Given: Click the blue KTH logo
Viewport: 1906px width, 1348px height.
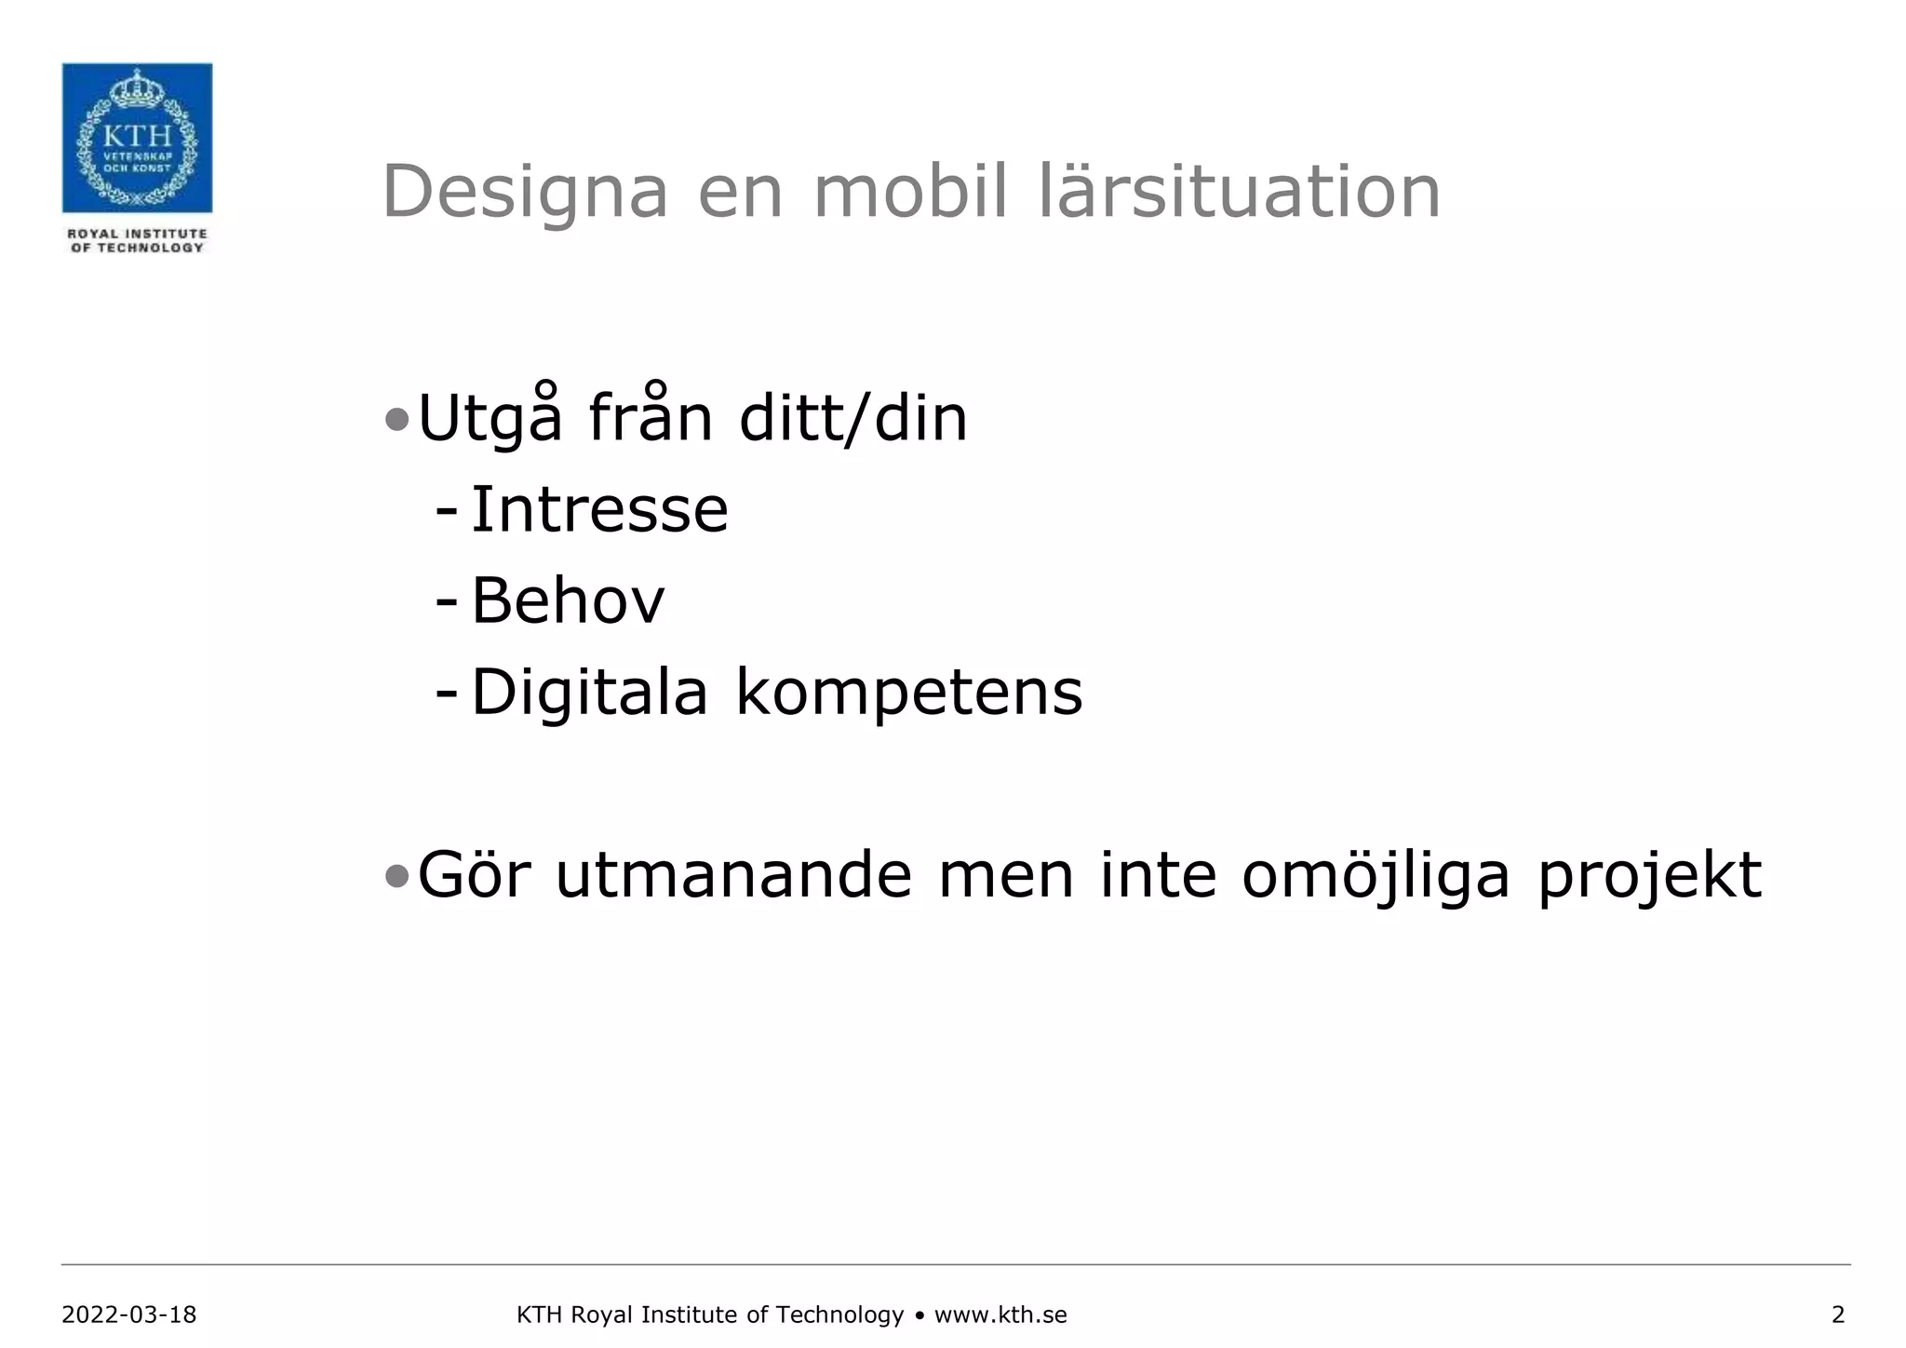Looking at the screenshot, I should point(137,138).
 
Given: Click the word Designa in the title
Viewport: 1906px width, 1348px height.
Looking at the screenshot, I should point(525,192).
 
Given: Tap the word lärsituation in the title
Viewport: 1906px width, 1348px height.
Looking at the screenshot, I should point(1239,192).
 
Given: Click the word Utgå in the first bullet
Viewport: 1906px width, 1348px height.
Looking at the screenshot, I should point(490,418).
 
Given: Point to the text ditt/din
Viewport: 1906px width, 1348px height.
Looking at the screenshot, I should point(853,418).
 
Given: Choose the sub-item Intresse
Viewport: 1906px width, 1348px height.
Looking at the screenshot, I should point(599,510).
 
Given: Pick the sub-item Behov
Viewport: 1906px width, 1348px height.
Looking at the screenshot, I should point(568,600).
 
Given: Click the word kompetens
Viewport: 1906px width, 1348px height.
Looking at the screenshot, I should point(909,693).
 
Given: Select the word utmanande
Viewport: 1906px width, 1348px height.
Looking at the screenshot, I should point(733,875).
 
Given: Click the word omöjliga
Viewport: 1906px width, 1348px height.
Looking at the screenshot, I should point(1376,875).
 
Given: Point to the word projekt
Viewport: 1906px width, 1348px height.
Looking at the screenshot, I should point(1649,875).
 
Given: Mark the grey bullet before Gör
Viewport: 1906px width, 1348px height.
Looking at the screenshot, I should point(396,877).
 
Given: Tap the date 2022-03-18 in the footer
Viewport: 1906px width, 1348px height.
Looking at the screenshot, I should point(129,1314).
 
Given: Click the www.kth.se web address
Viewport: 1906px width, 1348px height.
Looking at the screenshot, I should point(1000,1314).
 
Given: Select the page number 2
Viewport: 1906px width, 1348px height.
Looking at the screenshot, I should point(1837,1314).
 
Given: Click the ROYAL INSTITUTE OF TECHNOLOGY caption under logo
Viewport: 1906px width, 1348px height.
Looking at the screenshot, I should point(137,240).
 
